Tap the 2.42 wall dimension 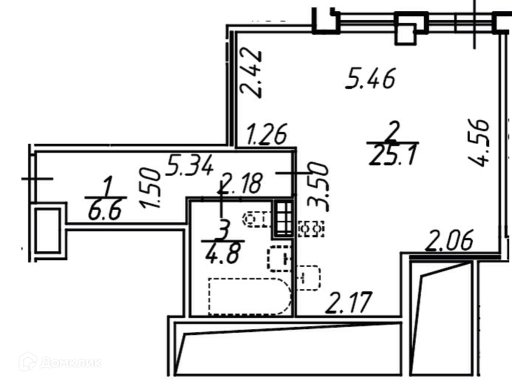[x=250, y=72]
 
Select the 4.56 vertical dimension [x=477, y=142]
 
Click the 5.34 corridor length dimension [x=190, y=164]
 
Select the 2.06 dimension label [x=448, y=244]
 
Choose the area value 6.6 [x=104, y=212]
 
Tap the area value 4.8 [x=221, y=253]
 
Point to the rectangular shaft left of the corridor [x=48, y=230]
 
